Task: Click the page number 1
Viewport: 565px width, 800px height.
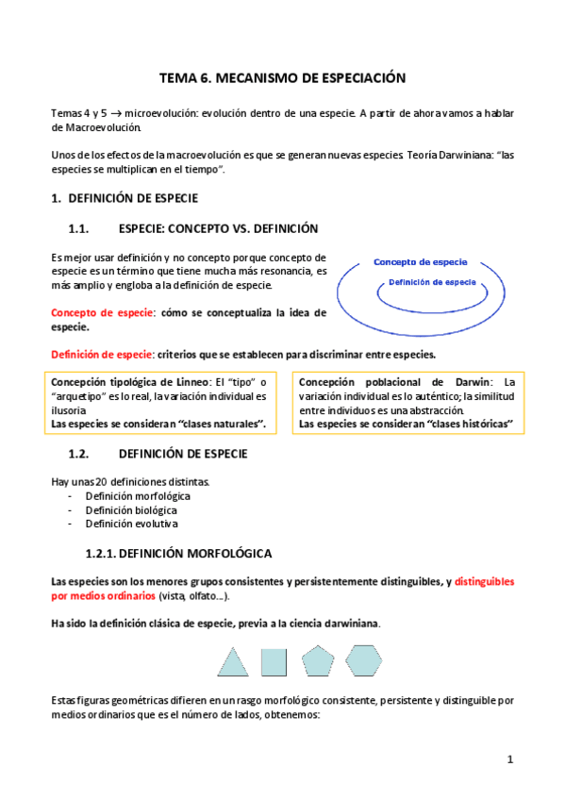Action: tap(509, 759)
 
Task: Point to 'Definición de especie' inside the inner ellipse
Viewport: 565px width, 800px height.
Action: tap(431, 282)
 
